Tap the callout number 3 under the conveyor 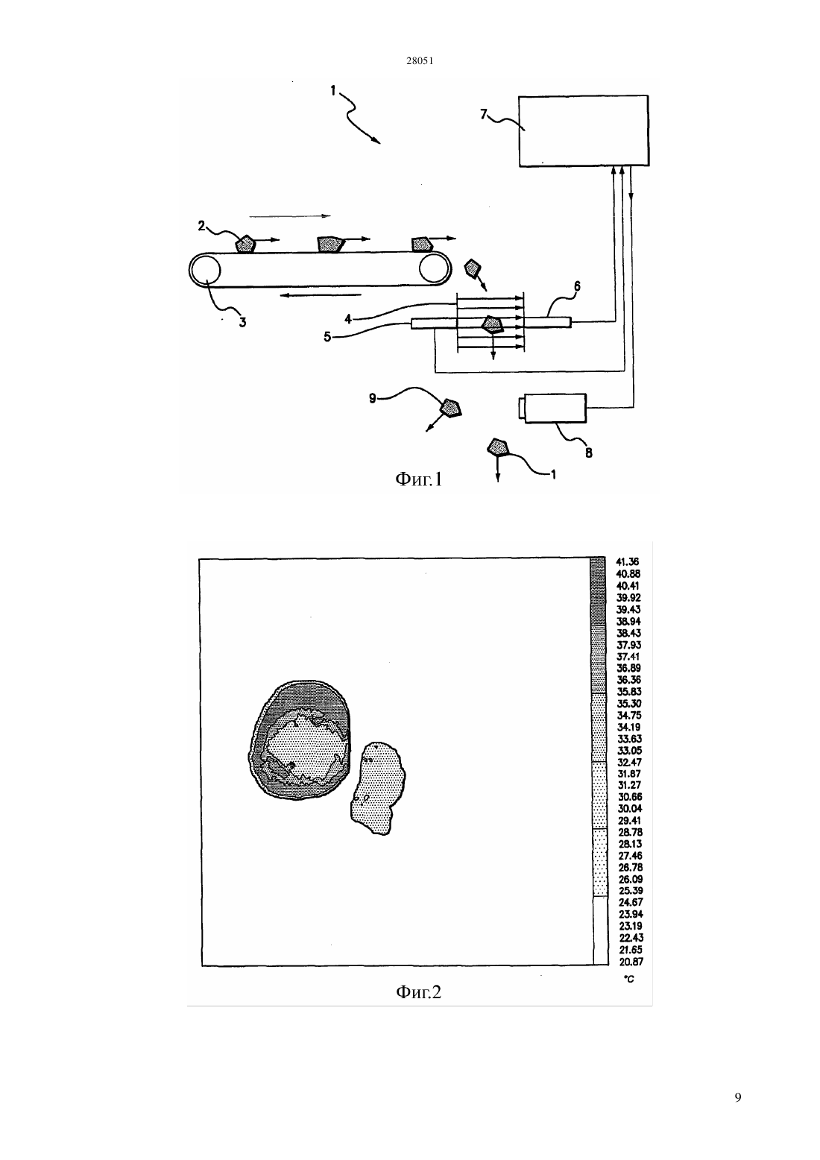tap(242, 322)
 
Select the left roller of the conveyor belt tap(205, 270)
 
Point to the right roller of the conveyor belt tap(435, 269)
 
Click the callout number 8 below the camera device tap(589, 453)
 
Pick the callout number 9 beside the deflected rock tap(372, 399)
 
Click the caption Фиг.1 tap(418, 479)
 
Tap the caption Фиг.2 tap(418, 992)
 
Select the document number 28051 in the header tap(420, 61)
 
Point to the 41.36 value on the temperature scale tap(628, 561)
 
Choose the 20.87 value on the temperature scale tap(631, 962)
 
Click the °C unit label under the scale tap(629, 979)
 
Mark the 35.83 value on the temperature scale tap(629, 691)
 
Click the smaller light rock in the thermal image tap(377, 788)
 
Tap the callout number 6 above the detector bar tap(577, 286)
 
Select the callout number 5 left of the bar tap(327, 337)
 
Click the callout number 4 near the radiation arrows tap(348, 319)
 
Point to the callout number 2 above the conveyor tap(201, 226)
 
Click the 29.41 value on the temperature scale tap(630, 820)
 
